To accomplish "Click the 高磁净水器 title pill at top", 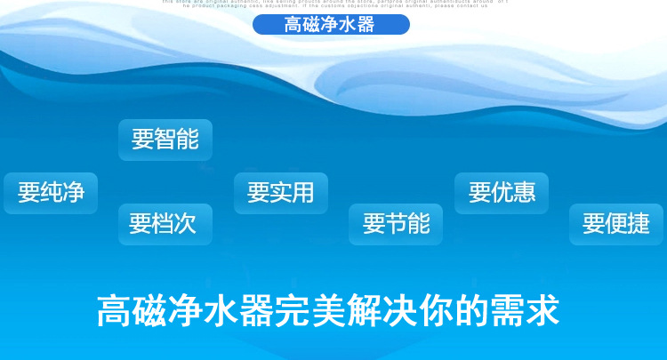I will coord(330,24).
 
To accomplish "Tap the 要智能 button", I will coord(165,140).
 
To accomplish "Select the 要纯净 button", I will coord(51,193).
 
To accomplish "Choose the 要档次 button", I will coord(165,224).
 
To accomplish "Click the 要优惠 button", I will coord(502,193).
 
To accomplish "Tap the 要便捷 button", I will coord(616,224).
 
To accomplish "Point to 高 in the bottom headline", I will coord(114,310).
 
